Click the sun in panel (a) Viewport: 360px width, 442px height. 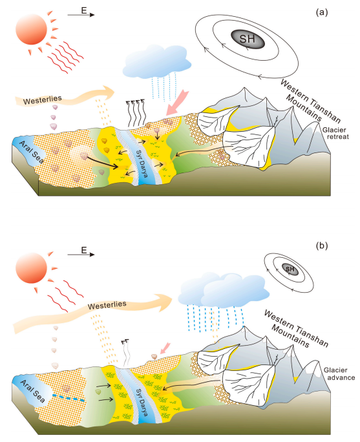click(x=31, y=29)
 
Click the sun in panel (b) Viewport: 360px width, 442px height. click(x=31, y=268)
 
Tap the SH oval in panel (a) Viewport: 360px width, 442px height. click(x=248, y=39)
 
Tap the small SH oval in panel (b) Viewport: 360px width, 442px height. click(x=290, y=269)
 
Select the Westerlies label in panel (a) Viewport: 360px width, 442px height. click(x=42, y=100)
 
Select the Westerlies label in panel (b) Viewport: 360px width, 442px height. click(x=107, y=305)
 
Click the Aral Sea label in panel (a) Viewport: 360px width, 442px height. click(x=32, y=153)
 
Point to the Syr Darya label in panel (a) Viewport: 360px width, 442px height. click(x=142, y=163)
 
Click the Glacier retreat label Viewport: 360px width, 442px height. click(x=335, y=133)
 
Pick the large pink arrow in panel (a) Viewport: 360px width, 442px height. click(x=177, y=103)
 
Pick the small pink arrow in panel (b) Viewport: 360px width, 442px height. click(x=165, y=348)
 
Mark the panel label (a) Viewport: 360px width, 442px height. click(x=322, y=12)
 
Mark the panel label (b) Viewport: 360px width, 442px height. click(x=322, y=246)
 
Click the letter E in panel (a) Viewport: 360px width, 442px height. click(x=84, y=11)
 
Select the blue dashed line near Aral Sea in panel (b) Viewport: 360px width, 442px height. click(x=69, y=398)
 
